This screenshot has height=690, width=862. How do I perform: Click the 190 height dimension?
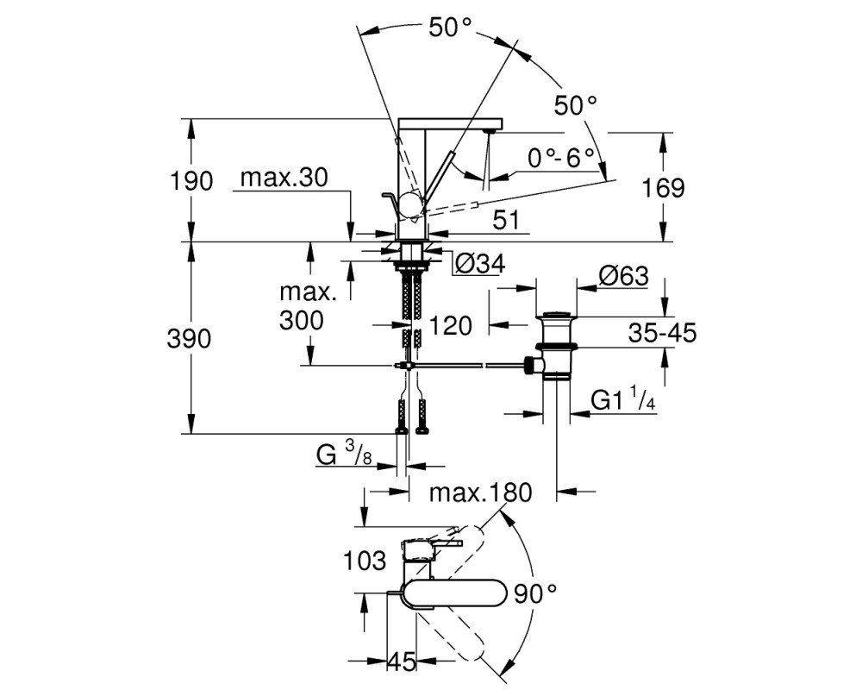[191, 181]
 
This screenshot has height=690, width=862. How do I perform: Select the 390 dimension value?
[189, 339]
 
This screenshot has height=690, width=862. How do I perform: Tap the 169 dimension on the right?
[664, 188]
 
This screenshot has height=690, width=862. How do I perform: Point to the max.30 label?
[284, 178]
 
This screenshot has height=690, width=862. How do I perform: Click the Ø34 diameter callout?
[480, 265]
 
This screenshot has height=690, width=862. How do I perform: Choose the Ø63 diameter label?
[624, 275]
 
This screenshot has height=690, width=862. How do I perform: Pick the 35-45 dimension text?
[662, 332]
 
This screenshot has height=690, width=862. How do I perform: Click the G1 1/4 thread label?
[623, 399]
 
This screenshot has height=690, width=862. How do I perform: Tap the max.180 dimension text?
[481, 493]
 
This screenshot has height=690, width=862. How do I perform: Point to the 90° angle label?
[535, 594]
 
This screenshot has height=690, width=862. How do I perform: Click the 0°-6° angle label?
[561, 159]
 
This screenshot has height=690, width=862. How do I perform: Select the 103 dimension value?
[365, 561]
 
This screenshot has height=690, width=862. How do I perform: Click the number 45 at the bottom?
[403, 662]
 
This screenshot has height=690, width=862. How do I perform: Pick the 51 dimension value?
[506, 221]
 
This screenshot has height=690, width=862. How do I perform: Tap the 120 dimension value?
[450, 326]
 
